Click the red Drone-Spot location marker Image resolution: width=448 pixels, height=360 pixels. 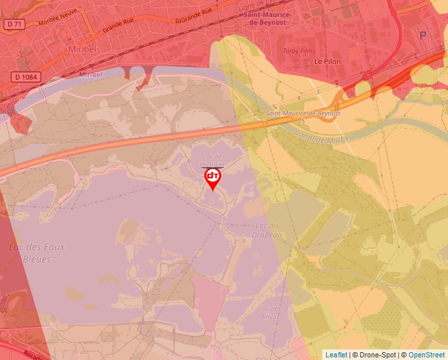coord(213,178)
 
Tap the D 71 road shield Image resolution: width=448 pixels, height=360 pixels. coord(14,24)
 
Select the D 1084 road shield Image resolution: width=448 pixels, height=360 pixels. coord(26,77)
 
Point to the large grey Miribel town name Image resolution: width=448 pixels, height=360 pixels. coord(82,49)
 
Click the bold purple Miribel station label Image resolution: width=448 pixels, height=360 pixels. coord(90,74)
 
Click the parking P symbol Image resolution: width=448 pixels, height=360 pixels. coord(423,36)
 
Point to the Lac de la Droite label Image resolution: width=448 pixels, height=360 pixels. coord(213,160)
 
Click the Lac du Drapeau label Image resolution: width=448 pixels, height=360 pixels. coord(267,230)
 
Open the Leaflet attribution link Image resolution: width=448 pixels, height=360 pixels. coord(336,355)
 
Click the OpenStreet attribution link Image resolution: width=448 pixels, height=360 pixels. coord(426,355)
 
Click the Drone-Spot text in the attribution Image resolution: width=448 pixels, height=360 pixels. coord(378,355)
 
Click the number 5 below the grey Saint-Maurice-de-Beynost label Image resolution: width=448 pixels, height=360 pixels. coord(302,121)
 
